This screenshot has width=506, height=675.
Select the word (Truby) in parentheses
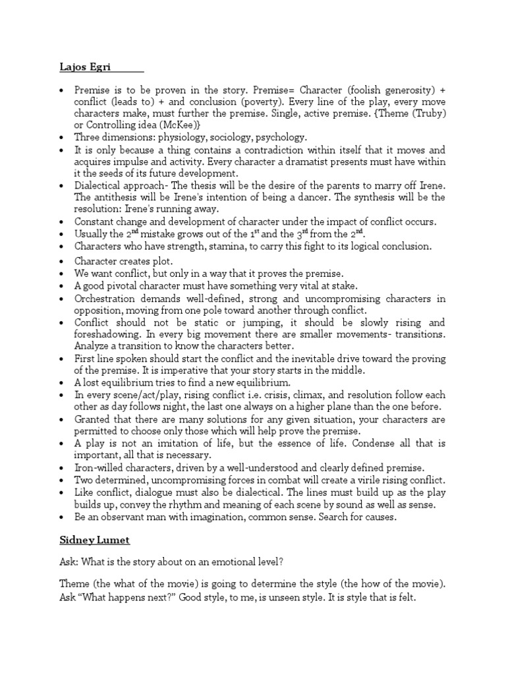coord(425,113)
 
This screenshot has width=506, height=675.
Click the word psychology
coord(279,138)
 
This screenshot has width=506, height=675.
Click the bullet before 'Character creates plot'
coord(62,262)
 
